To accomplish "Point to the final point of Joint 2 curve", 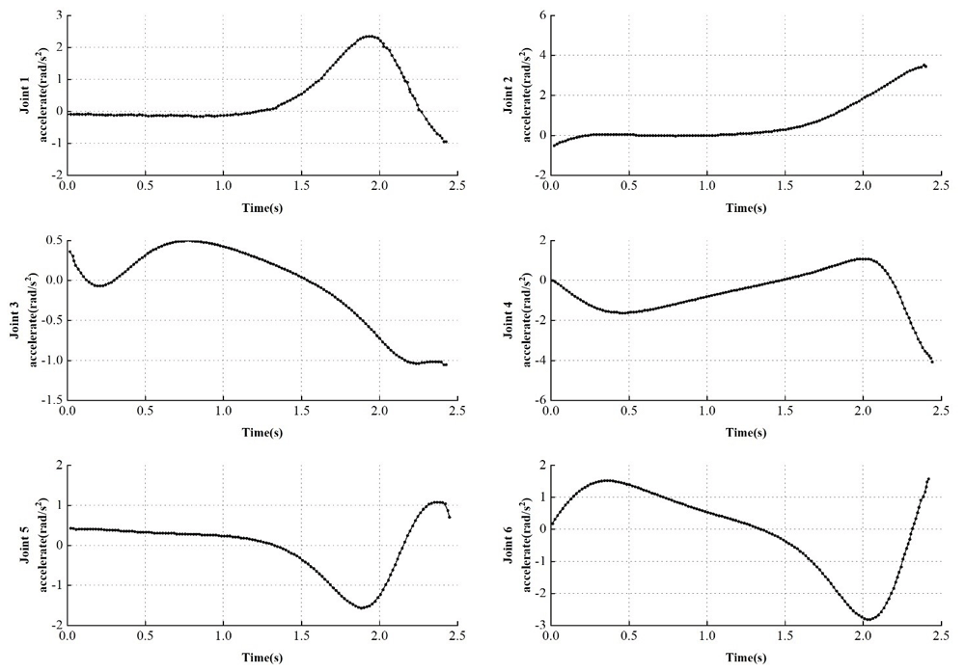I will [x=925, y=66].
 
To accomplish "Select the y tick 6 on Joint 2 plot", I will [x=541, y=16].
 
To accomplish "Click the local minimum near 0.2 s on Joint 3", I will [x=100, y=285].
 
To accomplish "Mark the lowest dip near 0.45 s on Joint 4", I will [x=622, y=312].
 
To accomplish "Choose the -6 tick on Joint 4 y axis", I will [x=539, y=399].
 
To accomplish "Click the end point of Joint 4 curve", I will [x=933, y=362].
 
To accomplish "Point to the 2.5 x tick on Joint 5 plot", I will [x=456, y=636].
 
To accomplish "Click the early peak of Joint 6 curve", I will [x=606, y=480].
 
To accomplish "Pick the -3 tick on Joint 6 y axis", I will [x=539, y=625].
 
